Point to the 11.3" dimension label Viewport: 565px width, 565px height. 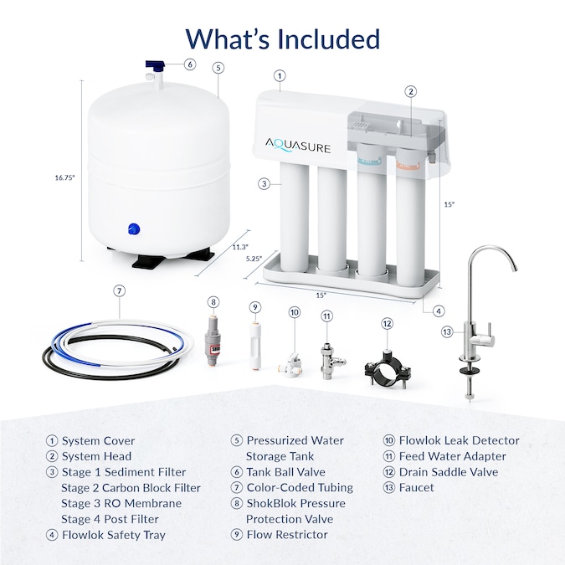click(240, 246)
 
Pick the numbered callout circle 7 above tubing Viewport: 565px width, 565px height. click(120, 290)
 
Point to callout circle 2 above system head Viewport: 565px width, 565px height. click(410, 91)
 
